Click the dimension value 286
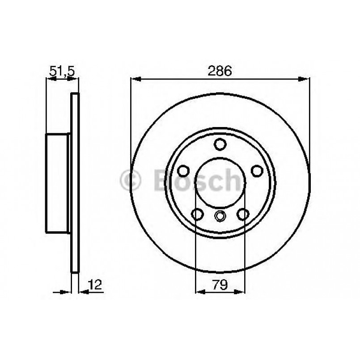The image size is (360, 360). (x=220, y=71)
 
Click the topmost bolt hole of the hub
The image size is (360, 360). (x=220, y=144)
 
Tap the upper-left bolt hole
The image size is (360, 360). (x=183, y=171)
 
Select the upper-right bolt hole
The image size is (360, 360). (x=257, y=171)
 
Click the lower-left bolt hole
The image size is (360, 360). (x=197, y=214)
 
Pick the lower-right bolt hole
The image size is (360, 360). (x=243, y=214)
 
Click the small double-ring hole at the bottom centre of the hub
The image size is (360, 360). (x=220, y=216)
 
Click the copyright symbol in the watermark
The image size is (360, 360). (x=130, y=181)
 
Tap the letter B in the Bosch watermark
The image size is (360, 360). (x=162, y=181)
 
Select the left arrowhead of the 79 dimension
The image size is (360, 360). (x=200, y=292)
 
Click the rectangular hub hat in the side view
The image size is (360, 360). (x=57, y=183)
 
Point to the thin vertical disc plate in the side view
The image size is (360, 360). (x=75, y=183)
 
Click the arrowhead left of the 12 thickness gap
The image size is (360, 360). (x=68, y=292)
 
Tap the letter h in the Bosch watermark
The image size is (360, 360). (x=237, y=181)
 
